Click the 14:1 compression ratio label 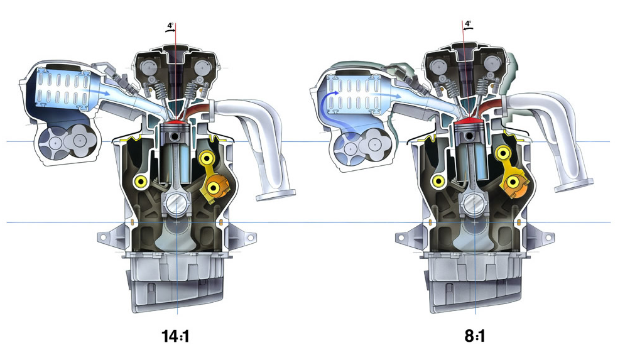pos(175,336)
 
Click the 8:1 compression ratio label pos(475,336)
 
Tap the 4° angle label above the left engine pos(170,26)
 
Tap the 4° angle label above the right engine pos(468,23)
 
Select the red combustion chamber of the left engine pos(175,121)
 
